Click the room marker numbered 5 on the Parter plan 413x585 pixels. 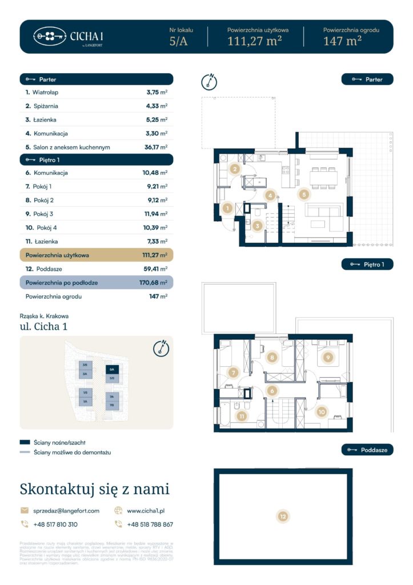pos(304,194)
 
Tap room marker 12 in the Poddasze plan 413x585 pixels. pos(283,517)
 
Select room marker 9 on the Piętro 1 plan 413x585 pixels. pos(327,358)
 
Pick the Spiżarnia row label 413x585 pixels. pos(45,106)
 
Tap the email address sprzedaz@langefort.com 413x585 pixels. pos(66,511)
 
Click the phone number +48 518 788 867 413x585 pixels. pos(150,524)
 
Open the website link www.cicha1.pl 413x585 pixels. pos(146,511)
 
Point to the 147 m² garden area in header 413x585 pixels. pos(342,41)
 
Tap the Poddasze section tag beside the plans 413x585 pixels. pos(367,450)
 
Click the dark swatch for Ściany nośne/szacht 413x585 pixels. pos(25,442)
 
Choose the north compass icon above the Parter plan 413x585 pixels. pos(210,82)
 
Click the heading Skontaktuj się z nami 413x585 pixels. pos(94,489)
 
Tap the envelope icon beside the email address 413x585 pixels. pos(25,511)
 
